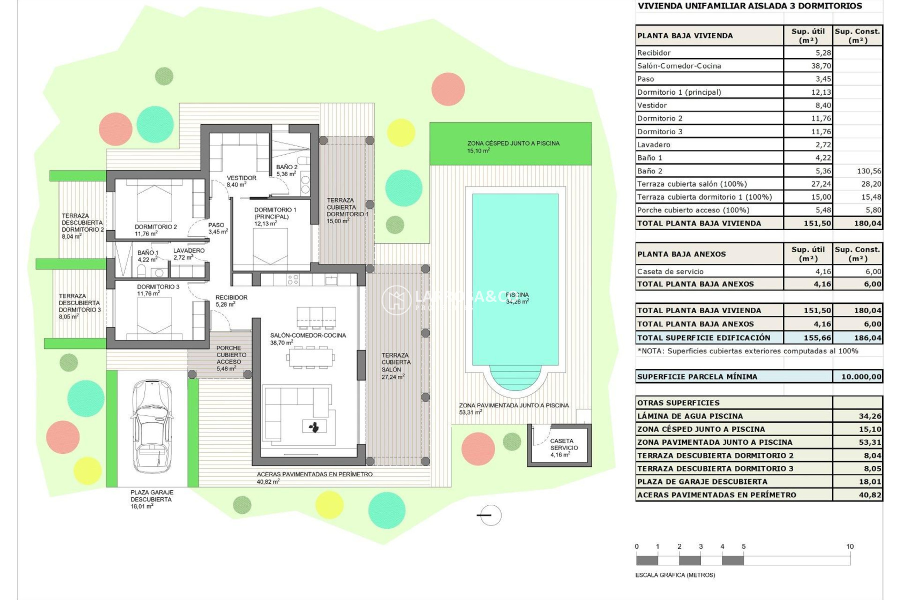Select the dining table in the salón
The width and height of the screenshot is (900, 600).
[310, 358]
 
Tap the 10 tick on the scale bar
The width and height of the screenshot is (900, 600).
[850, 547]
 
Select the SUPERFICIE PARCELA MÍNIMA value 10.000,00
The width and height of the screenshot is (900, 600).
[861, 376]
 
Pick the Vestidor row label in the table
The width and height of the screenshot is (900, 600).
[652, 105]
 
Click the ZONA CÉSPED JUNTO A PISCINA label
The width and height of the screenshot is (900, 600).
[513, 144]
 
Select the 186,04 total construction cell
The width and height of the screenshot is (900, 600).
[867, 337]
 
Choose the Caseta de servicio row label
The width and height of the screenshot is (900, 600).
[670, 271]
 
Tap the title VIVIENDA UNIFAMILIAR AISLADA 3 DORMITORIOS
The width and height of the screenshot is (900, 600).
[750, 6]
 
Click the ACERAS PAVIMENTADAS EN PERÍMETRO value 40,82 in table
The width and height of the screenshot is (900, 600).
[870, 495]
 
